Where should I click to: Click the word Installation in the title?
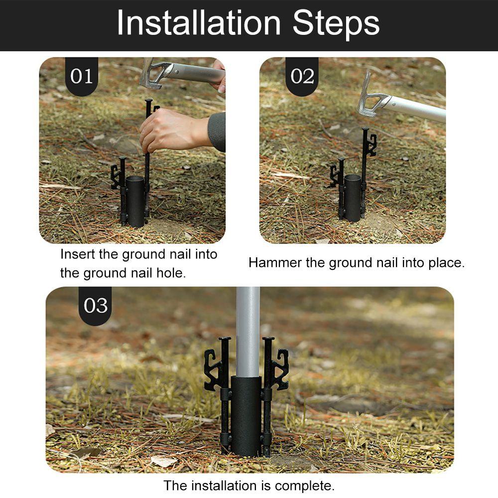tap(199, 23)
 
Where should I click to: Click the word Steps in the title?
tap(336, 23)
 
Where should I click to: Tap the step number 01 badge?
tap(82, 77)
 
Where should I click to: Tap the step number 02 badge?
tap(302, 77)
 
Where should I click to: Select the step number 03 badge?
tap(95, 306)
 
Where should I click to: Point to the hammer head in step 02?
tap(370, 95)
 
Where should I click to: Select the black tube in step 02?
tap(353, 198)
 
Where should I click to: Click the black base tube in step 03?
tap(246, 415)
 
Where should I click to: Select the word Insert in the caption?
tap(78, 254)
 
